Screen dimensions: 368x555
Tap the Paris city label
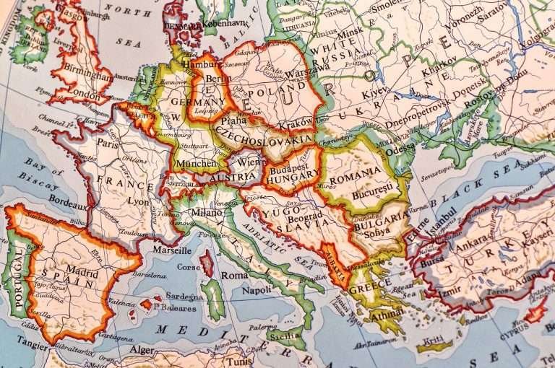108,144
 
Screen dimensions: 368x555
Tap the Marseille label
172,250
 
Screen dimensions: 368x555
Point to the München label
192,163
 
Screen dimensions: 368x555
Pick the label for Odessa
401,150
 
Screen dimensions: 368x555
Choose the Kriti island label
434,339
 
